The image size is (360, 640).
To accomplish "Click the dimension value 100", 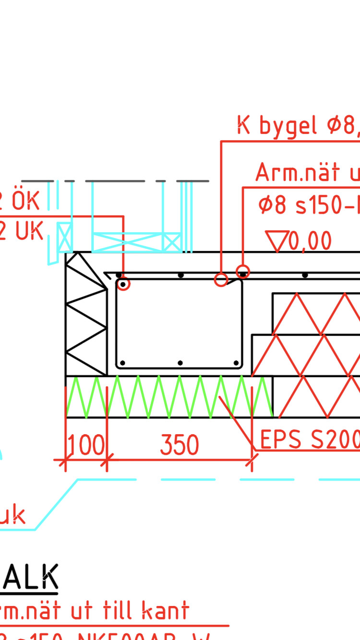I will pyautogui.click(x=85, y=445).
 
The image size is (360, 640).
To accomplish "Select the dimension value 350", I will pyautogui.click(x=179, y=445).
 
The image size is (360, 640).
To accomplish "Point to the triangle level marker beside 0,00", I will pyautogui.click(x=277, y=241).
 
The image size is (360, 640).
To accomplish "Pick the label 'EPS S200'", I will pyautogui.click(x=310, y=439).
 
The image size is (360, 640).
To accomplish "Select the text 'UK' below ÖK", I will pyautogui.click(x=29, y=232).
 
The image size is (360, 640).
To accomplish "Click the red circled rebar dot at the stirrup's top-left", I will pyautogui.click(x=123, y=284).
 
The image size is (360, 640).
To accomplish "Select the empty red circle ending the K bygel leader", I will pyautogui.click(x=221, y=280).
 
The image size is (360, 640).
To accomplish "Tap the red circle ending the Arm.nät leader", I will pyautogui.click(x=243, y=272).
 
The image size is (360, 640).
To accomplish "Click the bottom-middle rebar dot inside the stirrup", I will pyautogui.click(x=180, y=363).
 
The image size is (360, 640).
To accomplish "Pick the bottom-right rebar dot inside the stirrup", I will pyautogui.click(x=236, y=363).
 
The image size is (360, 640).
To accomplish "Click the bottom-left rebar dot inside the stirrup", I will pyautogui.click(x=123, y=363).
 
